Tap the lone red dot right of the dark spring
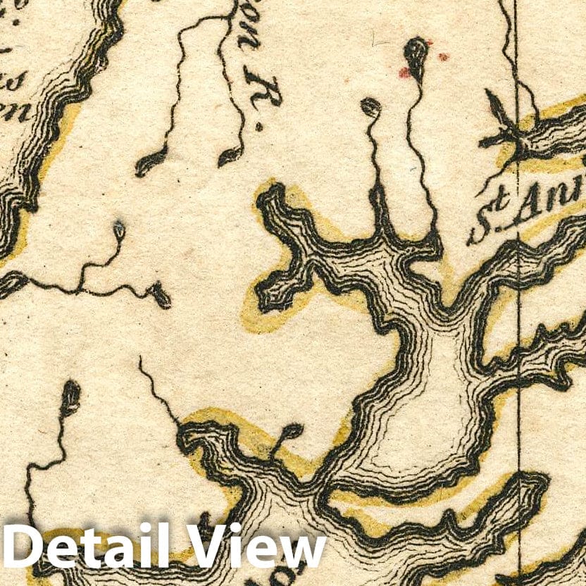click(443, 56)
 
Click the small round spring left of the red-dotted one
click(370, 107)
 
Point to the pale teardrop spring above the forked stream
click(119, 230)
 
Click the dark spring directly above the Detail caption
click(70, 394)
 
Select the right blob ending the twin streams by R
click(229, 156)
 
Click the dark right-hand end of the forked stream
click(161, 295)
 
